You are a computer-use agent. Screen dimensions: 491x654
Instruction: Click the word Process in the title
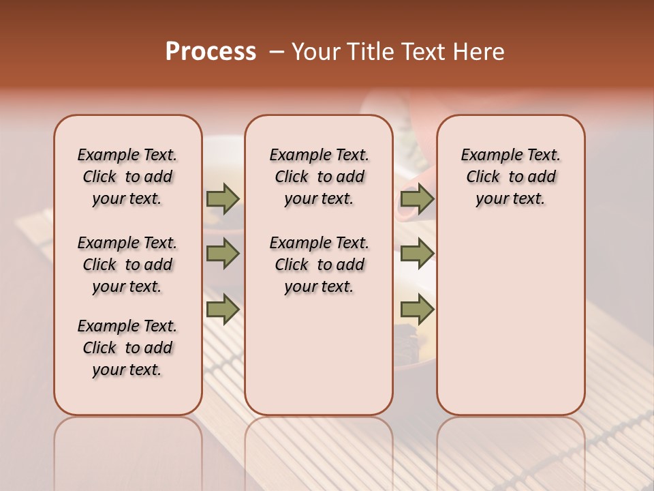tap(211, 52)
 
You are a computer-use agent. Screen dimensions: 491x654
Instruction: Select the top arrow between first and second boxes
tap(223, 198)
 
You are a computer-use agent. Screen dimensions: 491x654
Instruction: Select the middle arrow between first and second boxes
tap(223, 254)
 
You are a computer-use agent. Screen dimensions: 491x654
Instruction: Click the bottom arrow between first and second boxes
tap(223, 310)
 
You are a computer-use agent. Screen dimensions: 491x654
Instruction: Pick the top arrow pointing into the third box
tap(417, 198)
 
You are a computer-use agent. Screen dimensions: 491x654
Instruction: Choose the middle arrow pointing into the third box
tap(417, 254)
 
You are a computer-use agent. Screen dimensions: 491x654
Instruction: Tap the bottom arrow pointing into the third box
tap(417, 310)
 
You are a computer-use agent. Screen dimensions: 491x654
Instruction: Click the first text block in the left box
tap(127, 177)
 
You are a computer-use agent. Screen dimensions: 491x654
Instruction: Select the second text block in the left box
tap(127, 265)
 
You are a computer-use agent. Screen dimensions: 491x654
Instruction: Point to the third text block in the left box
tap(127, 348)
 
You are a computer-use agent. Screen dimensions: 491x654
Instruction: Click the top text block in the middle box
tap(319, 177)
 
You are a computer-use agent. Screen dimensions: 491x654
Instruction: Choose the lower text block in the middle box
tap(319, 265)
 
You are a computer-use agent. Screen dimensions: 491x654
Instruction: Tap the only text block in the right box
tap(510, 177)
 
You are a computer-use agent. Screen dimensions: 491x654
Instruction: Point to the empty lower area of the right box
tap(510, 321)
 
